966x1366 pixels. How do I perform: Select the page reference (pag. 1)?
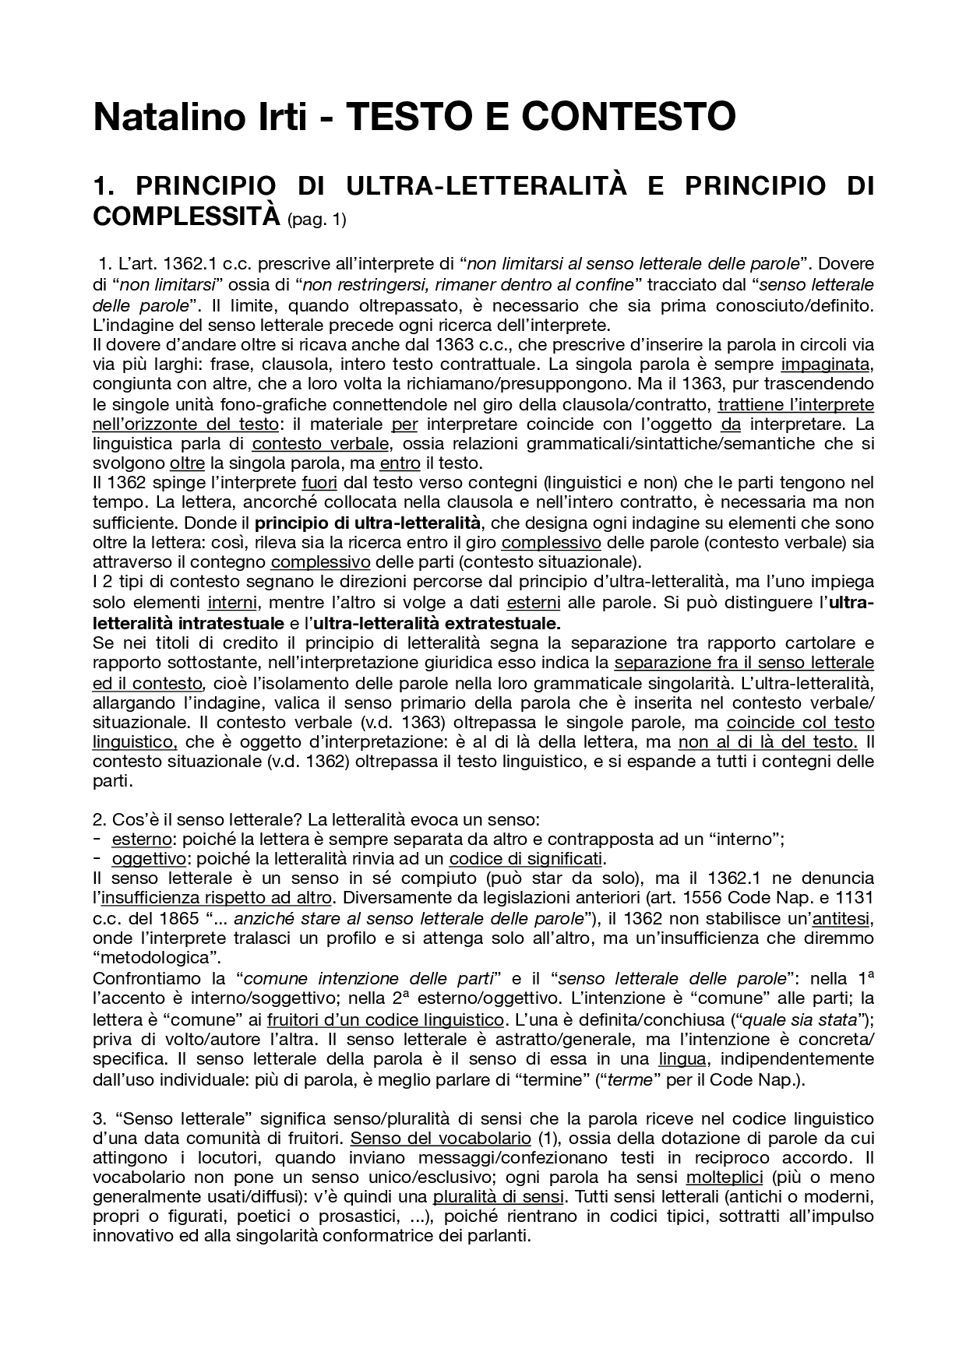pyautogui.click(x=316, y=220)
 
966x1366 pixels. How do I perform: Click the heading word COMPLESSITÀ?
pyautogui.click(x=185, y=215)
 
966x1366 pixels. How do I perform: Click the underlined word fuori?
pyautogui.click(x=319, y=483)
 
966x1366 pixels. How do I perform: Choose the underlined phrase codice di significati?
pyautogui.click(x=526, y=858)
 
